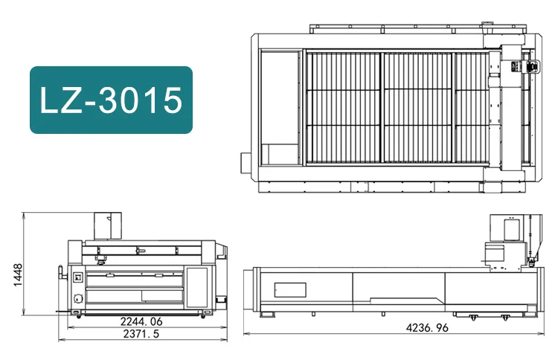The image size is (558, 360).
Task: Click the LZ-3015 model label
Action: tap(111, 100)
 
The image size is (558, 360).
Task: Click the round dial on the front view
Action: tap(77, 299)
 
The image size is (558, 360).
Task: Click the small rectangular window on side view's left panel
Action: tap(289, 288)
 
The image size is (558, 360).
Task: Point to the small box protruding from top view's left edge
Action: tap(245, 161)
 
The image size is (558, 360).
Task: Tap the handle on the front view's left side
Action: tap(60, 269)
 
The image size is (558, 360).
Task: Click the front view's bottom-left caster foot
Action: tap(75, 318)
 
